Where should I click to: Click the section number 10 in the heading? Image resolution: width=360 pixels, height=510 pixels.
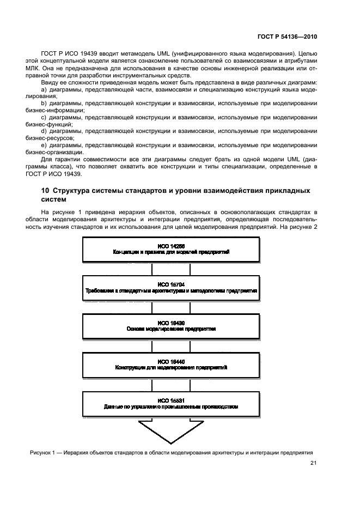(x=45, y=191)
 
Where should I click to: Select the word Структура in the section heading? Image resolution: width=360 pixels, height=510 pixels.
(x=75, y=191)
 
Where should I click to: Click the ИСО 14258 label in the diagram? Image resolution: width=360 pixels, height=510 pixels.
(x=172, y=247)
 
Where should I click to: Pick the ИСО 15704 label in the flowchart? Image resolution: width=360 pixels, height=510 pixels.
(x=172, y=284)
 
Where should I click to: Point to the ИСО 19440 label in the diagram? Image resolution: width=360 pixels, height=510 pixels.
(x=172, y=361)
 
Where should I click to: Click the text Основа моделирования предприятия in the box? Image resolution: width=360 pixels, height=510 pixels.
(x=172, y=329)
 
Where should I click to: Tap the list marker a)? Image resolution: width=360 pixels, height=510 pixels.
(x=45, y=88)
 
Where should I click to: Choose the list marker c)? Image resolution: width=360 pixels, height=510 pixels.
(x=45, y=117)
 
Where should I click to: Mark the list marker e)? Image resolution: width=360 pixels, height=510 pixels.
(x=45, y=145)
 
